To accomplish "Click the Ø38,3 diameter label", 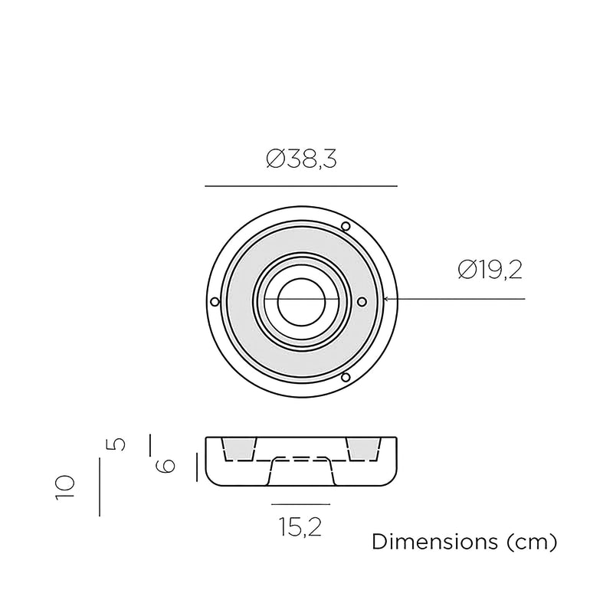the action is pos(301,159).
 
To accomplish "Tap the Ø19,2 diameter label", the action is pos(490,270).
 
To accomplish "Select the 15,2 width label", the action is pos(300,526).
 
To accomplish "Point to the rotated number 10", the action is pos(65,487).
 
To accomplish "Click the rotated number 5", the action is pos(116,444).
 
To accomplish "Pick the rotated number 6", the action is pos(166,466).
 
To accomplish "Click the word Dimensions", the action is pos(434,542).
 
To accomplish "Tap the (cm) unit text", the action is pos(532,543).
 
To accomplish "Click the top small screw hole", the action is pos(346,226).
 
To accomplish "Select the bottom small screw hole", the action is pos(346,377).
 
